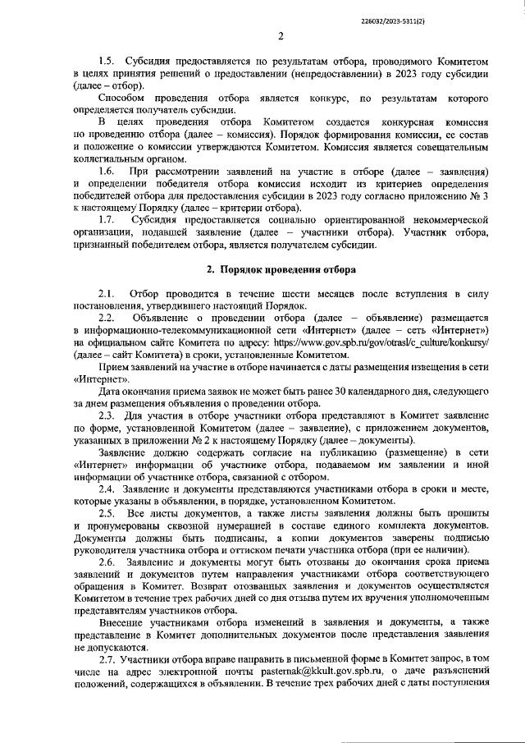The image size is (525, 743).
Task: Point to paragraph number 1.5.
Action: coord(107,62)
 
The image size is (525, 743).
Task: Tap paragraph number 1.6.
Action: coord(107,170)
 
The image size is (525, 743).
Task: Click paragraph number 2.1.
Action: coord(107,293)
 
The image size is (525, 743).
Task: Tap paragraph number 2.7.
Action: coord(107,659)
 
